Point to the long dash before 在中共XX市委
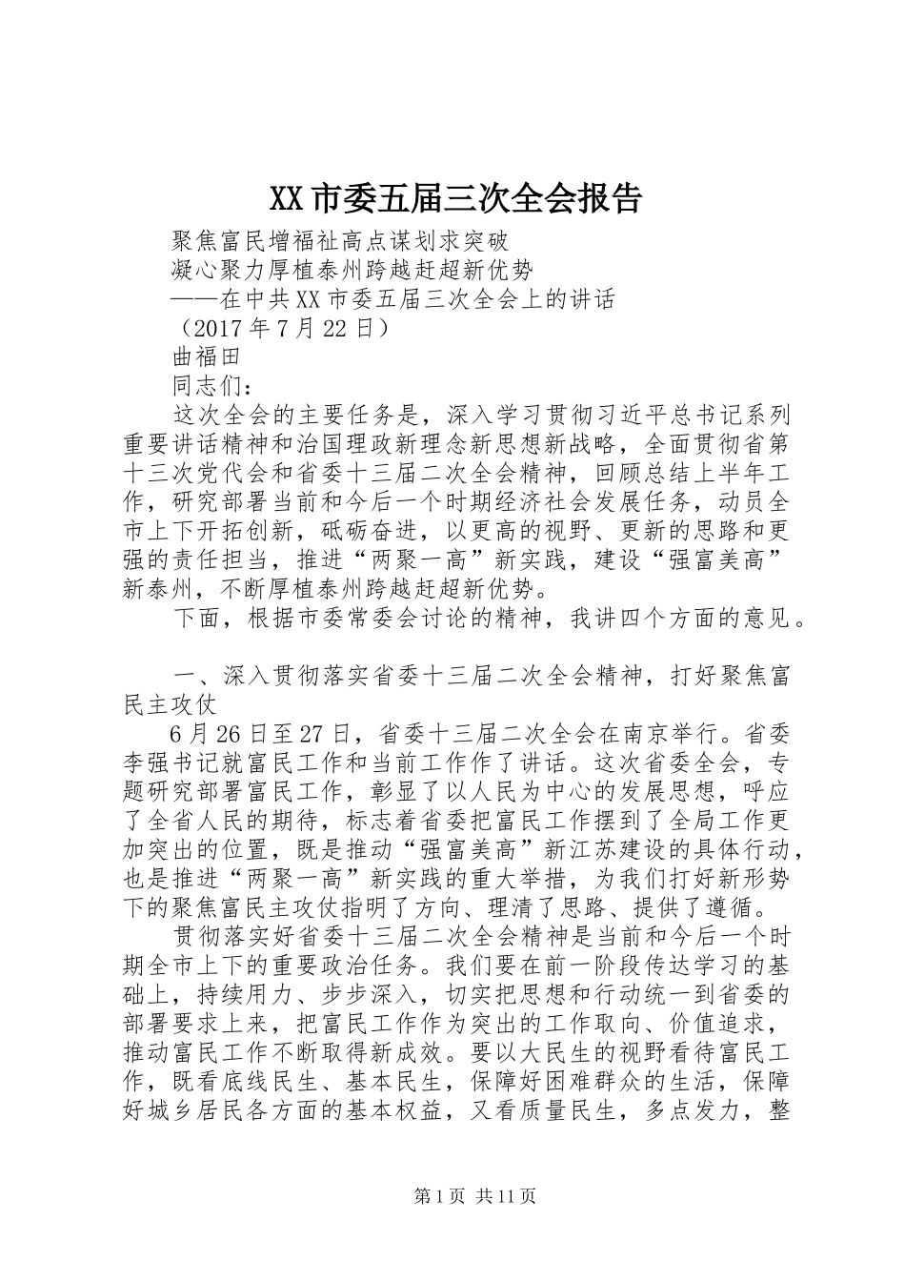point(194,299)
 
